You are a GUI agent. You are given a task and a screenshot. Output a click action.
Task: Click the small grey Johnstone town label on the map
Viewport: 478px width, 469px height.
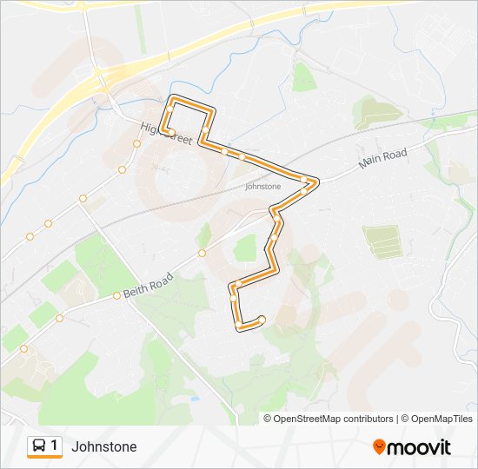(262, 186)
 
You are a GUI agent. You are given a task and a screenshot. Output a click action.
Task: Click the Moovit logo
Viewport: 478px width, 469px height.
(412, 447)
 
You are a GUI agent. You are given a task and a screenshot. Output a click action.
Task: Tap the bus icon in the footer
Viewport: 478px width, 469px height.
(39, 446)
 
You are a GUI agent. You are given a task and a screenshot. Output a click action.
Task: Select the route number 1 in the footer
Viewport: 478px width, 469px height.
(55, 446)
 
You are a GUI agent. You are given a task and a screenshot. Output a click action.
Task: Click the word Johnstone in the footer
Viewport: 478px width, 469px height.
(103, 446)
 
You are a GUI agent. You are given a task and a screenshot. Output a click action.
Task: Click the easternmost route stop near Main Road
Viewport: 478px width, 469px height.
(307, 180)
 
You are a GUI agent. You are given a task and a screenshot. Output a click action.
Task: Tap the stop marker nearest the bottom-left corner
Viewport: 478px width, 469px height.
(23, 349)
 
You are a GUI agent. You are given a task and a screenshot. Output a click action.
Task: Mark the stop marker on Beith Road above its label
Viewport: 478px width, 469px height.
(116, 295)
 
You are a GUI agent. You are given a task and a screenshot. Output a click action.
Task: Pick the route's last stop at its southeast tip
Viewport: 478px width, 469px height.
(262, 320)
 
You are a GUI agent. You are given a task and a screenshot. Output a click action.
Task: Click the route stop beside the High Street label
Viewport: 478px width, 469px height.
(171, 133)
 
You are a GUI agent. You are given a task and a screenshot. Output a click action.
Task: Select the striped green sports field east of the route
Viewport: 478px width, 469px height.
(382, 241)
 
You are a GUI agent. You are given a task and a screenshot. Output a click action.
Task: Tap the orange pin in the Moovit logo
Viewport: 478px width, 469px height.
(379, 447)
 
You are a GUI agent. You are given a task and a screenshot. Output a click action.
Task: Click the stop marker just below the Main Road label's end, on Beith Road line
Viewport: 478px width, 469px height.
(202, 254)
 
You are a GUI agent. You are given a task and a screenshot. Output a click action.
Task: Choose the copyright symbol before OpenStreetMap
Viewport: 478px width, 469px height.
(268, 419)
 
